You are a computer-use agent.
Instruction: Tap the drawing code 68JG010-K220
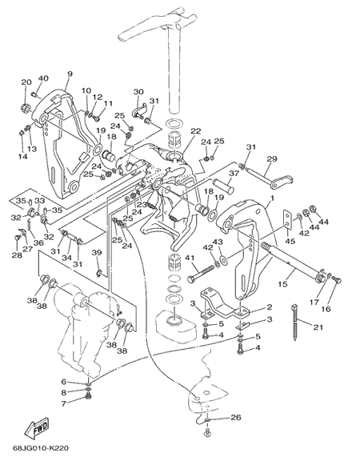[x=41, y=447]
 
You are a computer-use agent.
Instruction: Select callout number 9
[x=70, y=74]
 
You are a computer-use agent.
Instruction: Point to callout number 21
[x=318, y=327]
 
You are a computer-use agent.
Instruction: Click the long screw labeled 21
[x=294, y=322]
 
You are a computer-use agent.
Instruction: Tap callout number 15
[x=283, y=284]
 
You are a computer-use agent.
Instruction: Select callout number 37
[x=234, y=173]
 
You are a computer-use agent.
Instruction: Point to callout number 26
[x=236, y=417]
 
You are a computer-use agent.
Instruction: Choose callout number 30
[x=138, y=92]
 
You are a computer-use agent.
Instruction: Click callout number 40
[x=43, y=78]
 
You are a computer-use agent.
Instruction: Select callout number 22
[x=196, y=131]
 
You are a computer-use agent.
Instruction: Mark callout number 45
[x=290, y=241]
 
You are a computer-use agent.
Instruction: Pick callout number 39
[x=97, y=253]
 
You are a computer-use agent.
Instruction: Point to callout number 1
[x=272, y=198]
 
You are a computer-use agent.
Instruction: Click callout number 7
[x=63, y=403]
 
